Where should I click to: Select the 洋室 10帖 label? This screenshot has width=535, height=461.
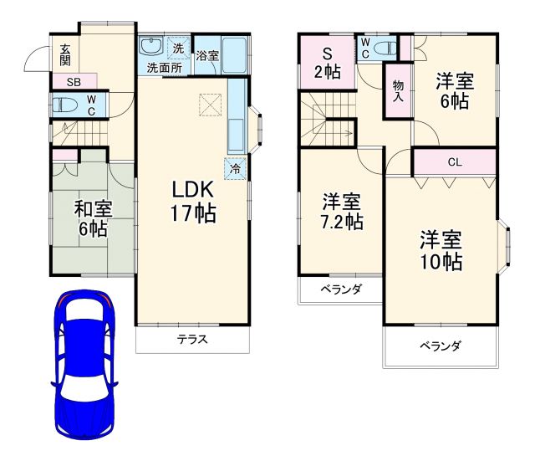coord(441,250)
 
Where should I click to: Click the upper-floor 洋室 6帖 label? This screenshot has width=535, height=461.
coord(455,91)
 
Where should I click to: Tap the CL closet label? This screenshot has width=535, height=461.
coord(454,162)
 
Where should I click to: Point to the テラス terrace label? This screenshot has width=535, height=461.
coord(192,340)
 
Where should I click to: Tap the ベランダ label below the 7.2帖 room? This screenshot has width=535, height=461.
coord(341,289)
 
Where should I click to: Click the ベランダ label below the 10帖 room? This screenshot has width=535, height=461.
coord(441,346)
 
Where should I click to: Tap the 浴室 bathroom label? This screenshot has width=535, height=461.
coord(208,57)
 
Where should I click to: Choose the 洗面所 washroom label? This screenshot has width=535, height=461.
coord(165,67)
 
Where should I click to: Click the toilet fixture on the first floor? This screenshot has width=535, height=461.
coord(65,105)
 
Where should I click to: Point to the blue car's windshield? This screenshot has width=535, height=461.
coord(84,322)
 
